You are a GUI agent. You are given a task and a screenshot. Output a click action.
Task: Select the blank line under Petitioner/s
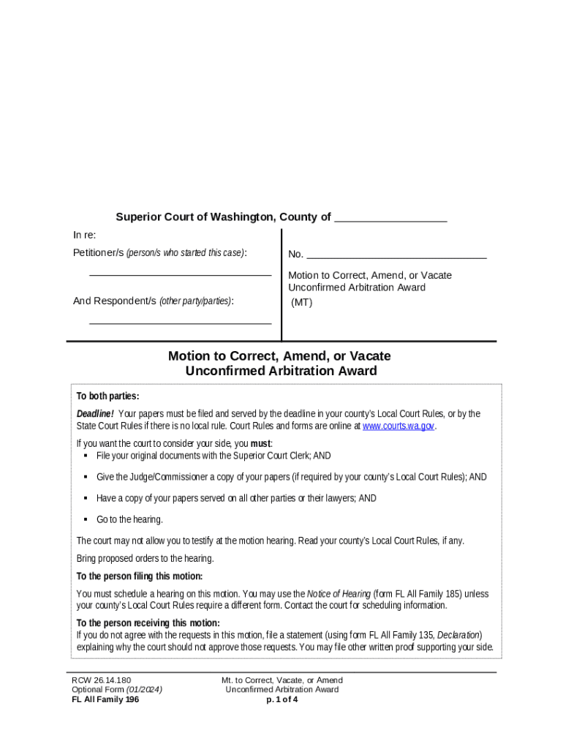(180, 274)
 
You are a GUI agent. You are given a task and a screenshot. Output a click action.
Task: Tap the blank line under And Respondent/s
(180, 322)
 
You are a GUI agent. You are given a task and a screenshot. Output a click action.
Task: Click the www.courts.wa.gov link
(398, 426)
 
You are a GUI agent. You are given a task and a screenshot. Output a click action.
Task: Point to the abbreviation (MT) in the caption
(302, 302)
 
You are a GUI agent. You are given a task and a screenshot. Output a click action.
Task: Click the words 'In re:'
(84, 235)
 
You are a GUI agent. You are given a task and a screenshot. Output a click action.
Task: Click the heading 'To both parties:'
(107, 396)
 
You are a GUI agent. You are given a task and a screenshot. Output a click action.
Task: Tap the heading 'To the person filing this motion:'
(140, 576)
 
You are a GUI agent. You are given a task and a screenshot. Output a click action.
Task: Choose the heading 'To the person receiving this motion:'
(148, 623)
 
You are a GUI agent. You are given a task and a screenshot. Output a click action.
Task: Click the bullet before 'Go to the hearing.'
(86, 519)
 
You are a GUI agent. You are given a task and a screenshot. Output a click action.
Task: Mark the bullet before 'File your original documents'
(86, 455)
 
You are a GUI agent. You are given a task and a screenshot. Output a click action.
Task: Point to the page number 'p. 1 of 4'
(281, 699)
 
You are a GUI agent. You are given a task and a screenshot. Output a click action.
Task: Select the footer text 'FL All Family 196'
(105, 699)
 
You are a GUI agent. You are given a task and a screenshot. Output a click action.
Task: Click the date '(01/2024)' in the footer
(144, 690)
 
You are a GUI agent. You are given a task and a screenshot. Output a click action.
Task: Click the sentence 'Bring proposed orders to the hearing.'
(146, 559)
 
